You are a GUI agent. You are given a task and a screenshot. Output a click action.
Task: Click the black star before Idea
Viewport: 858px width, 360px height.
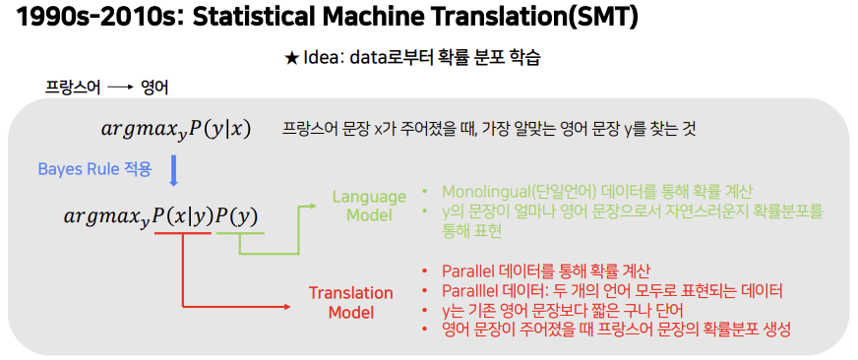pos(291,58)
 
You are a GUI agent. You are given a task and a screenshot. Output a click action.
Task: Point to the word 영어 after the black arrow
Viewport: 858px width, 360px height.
pos(155,88)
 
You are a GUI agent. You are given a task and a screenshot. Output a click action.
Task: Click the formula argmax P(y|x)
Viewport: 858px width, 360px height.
pos(176,129)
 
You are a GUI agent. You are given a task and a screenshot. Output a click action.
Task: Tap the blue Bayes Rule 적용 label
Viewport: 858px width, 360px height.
pos(94,169)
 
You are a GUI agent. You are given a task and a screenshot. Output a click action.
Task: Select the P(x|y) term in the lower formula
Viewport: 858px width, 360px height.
pos(182,215)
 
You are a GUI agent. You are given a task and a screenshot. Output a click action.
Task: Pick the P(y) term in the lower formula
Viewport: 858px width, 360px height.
pos(236,215)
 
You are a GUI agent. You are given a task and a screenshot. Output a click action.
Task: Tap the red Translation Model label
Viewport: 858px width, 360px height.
pos(350,303)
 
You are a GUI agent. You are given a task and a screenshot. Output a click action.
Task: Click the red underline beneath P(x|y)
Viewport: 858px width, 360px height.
pos(183,234)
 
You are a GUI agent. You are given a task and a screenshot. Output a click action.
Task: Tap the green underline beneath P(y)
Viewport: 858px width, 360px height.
pos(239,234)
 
